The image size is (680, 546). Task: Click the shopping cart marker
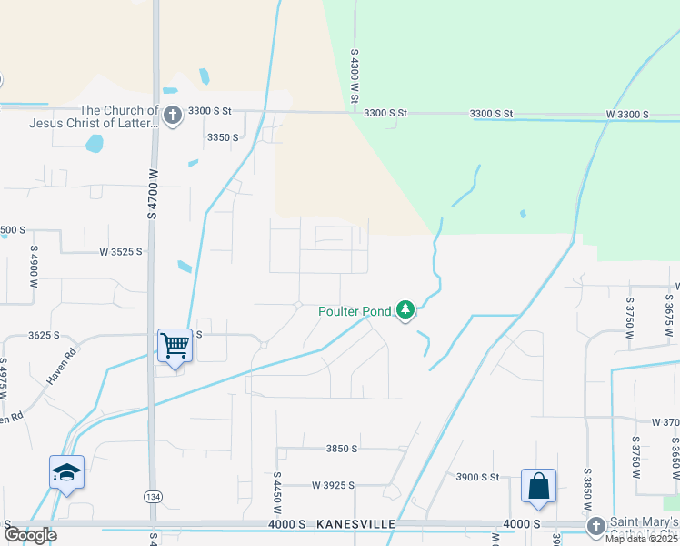(x=175, y=345)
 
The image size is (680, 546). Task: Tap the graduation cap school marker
(x=66, y=471)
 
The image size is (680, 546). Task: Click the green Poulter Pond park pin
(x=405, y=311)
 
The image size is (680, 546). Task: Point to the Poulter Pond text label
(x=355, y=311)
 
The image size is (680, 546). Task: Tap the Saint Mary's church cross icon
(x=595, y=526)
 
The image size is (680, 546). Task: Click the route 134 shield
(x=153, y=496)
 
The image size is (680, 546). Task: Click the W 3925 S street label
(x=345, y=486)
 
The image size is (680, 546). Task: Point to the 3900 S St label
(x=478, y=477)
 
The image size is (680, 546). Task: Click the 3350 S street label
(x=223, y=137)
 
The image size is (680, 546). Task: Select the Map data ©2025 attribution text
(x=640, y=539)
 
